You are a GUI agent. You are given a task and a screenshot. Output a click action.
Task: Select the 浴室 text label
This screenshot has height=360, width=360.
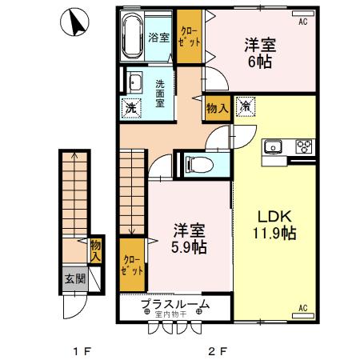click(159, 38)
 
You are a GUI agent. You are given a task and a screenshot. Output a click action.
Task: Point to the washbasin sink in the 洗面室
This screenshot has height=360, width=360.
click(134, 83)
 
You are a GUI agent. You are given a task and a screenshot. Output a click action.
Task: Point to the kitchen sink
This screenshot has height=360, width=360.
click(273, 146)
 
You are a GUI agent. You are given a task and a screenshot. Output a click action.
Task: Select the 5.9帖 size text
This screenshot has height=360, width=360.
click(190, 248)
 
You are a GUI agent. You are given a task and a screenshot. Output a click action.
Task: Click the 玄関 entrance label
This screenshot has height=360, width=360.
click(74, 279)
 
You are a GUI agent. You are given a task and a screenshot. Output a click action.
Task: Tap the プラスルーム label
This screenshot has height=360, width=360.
click(175, 304)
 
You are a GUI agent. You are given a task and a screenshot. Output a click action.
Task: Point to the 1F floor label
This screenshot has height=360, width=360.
click(78, 350)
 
